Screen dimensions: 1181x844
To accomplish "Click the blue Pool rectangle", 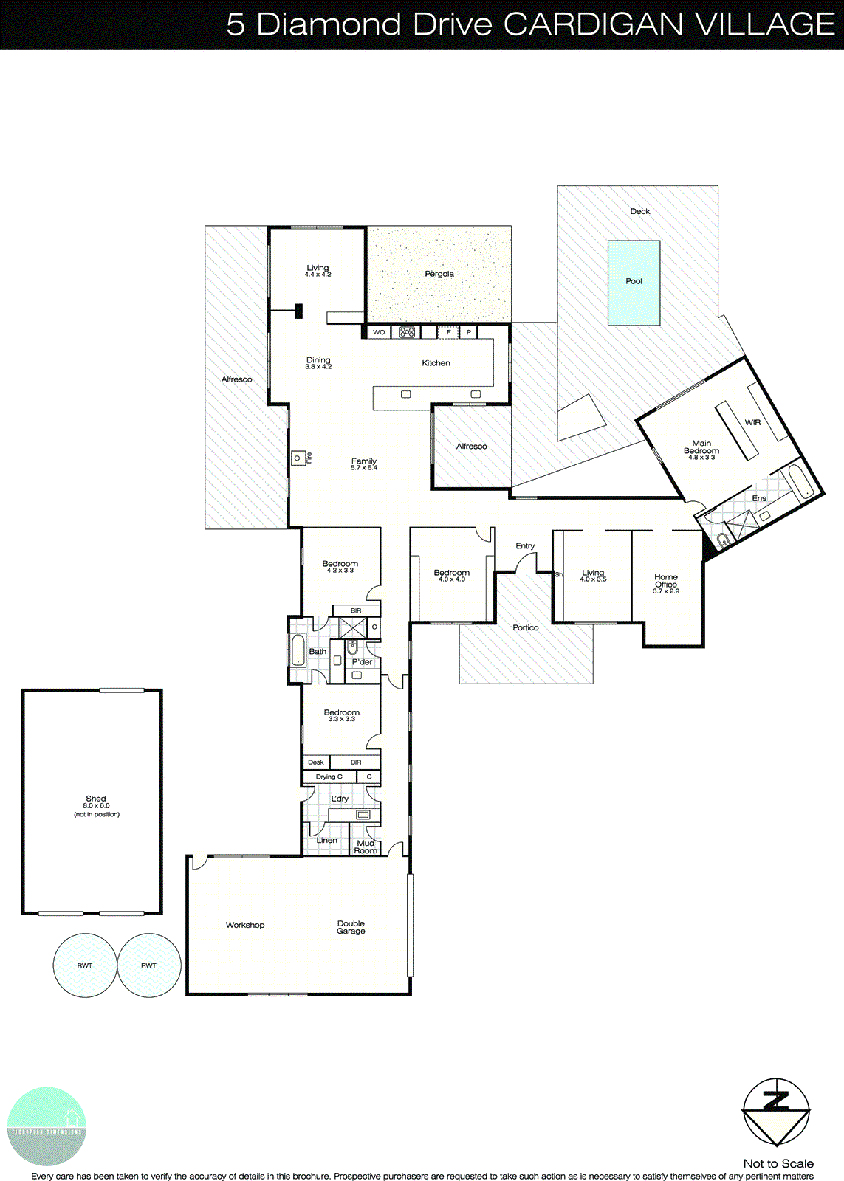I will coord(634,283).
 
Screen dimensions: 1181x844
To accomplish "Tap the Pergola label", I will coord(439,274).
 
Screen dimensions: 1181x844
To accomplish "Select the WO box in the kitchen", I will coord(379,332).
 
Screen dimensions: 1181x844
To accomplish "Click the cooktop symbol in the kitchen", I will coord(408,332).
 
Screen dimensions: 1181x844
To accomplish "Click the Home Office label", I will coord(666,581).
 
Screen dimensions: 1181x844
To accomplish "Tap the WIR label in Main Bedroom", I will coord(752,422).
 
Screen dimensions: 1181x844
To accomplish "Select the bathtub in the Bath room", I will coord(298,650).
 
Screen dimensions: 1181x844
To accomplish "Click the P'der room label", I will coord(363,662).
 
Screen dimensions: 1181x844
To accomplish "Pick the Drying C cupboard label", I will coord(329,777).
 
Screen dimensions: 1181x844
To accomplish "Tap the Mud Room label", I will coord(366,847).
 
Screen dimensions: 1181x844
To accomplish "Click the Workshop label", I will coord(245,925).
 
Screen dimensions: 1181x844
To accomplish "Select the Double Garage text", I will coord(351,927).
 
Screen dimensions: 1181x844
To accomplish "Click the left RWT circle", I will coord(85,965).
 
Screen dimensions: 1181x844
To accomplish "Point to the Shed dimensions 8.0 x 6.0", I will coord(96,806).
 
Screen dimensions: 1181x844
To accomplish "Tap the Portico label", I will coord(526,627).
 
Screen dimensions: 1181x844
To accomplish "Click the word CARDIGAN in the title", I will coord(594,24).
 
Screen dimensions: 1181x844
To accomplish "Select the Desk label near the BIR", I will coord(316,762).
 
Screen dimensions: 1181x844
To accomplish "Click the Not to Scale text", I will coord(778,1163).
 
